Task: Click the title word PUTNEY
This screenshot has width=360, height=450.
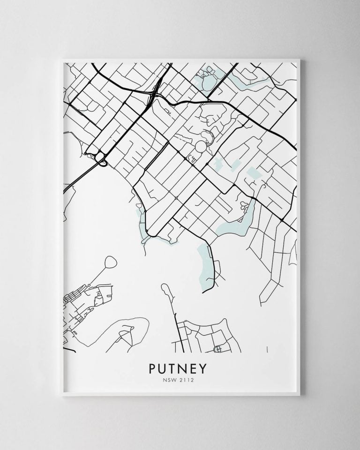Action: point(180,368)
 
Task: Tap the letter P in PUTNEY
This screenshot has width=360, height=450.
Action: point(152,368)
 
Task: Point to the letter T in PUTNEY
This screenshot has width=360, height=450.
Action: point(174,368)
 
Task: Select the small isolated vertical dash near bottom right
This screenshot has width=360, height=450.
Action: point(267,349)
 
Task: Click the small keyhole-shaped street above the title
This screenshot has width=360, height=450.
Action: point(217,349)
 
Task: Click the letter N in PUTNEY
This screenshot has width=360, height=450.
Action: point(185,368)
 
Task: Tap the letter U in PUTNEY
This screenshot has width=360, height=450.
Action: point(163,368)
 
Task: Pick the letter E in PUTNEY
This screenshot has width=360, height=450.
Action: point(196,368)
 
